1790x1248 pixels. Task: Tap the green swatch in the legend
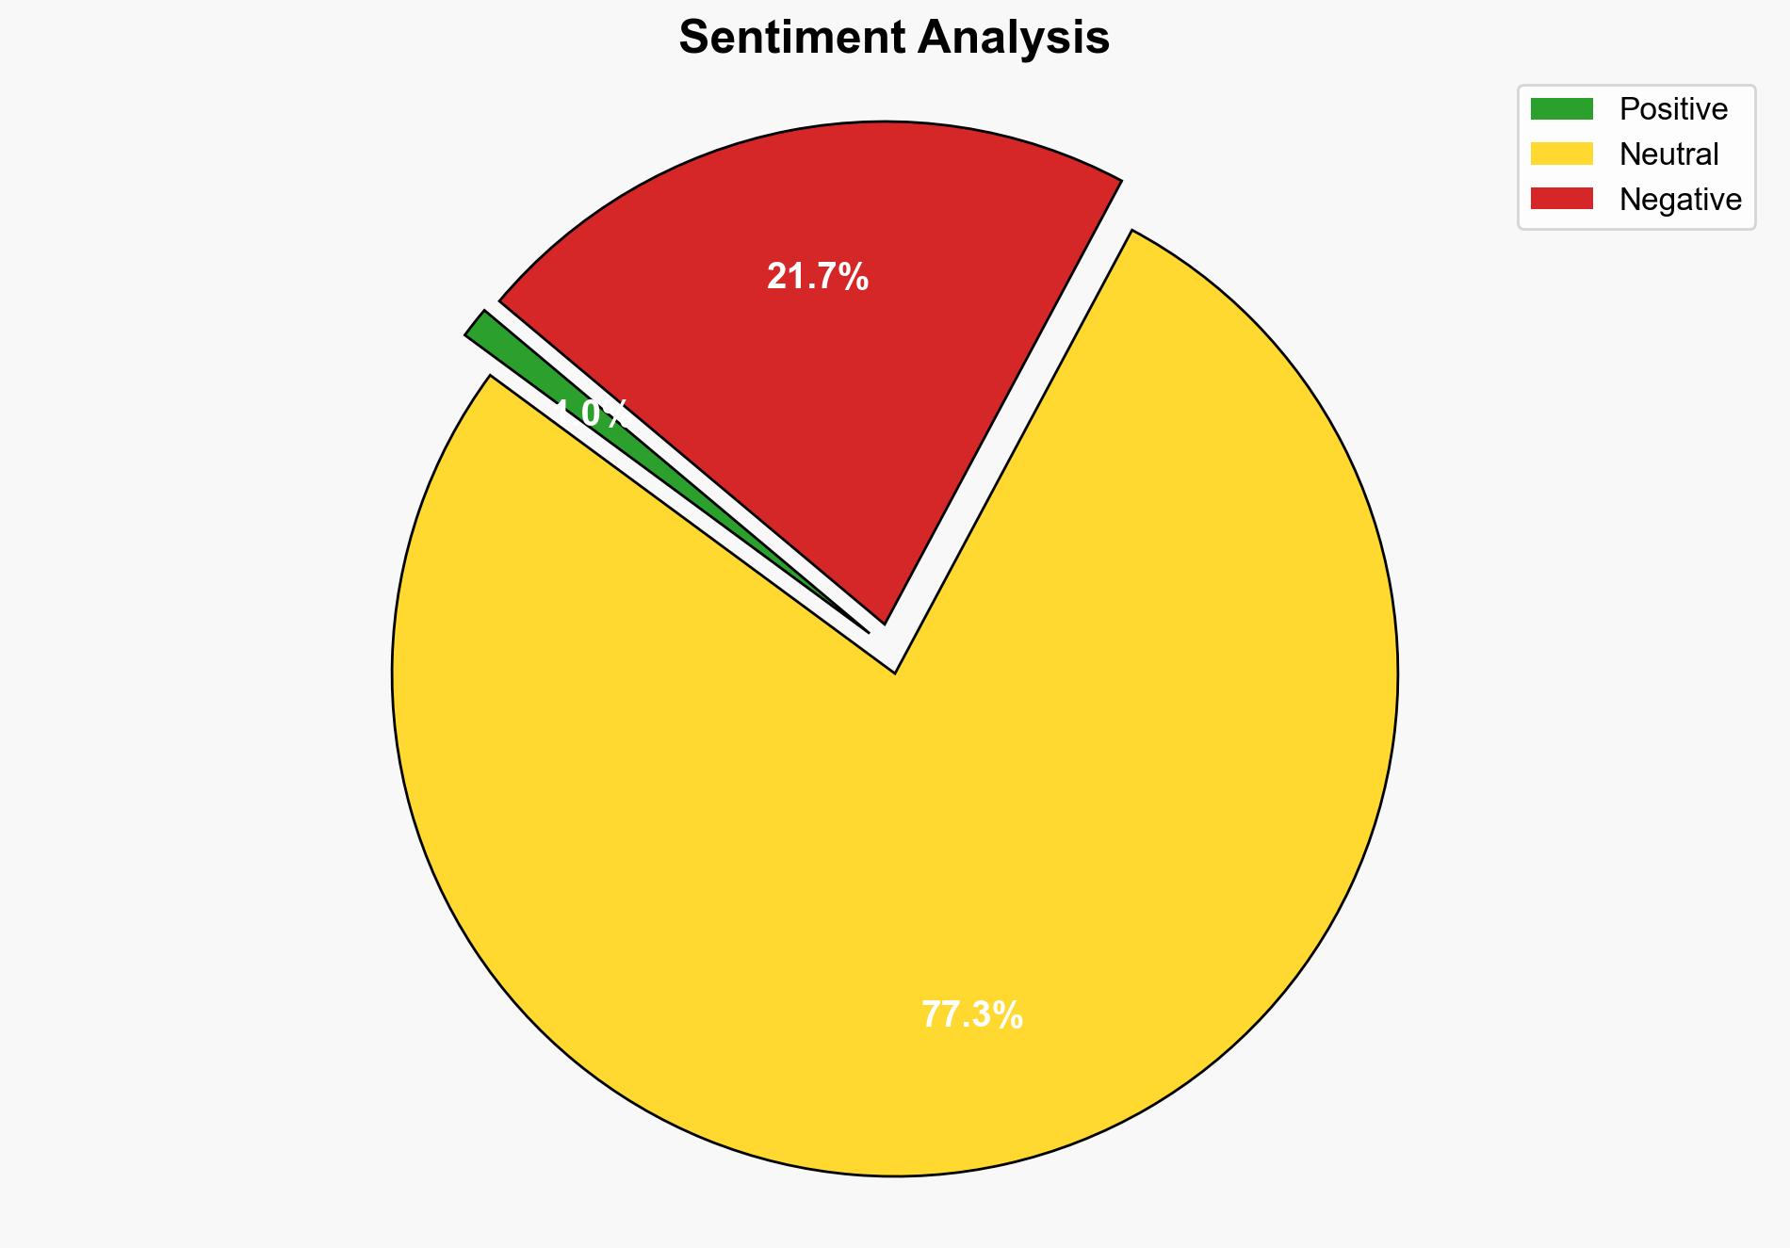(x=1561, y=109)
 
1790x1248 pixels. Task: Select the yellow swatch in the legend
(x=1561, y=154)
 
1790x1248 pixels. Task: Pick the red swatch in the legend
(x=1561, y=199)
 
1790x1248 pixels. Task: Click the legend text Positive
(x=1673, y=109)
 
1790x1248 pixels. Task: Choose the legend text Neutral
(x=1668, y=154)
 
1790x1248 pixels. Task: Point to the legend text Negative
(x=1680, y=199)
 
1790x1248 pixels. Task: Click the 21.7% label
(x=817, y=277)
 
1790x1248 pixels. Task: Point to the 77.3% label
(x=971, y=1015)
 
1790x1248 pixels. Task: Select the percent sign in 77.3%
(x=1007, y=1015)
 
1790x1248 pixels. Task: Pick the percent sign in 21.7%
(x=853, y=277)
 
